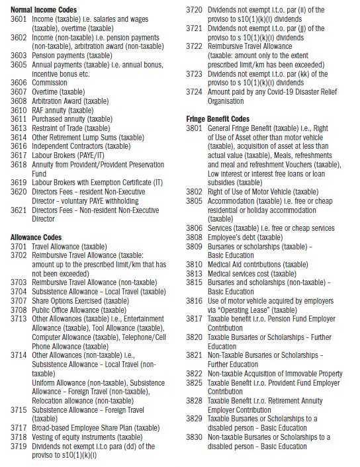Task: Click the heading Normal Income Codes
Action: click(44, 11)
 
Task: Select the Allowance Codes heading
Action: click(36, 236)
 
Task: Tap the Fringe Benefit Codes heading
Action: click(219, 118)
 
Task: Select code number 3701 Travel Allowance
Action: click(19, 245)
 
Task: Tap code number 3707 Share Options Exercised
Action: click(19, 299)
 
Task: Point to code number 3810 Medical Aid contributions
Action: click(195, 265)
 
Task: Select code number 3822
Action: click(195, 373)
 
